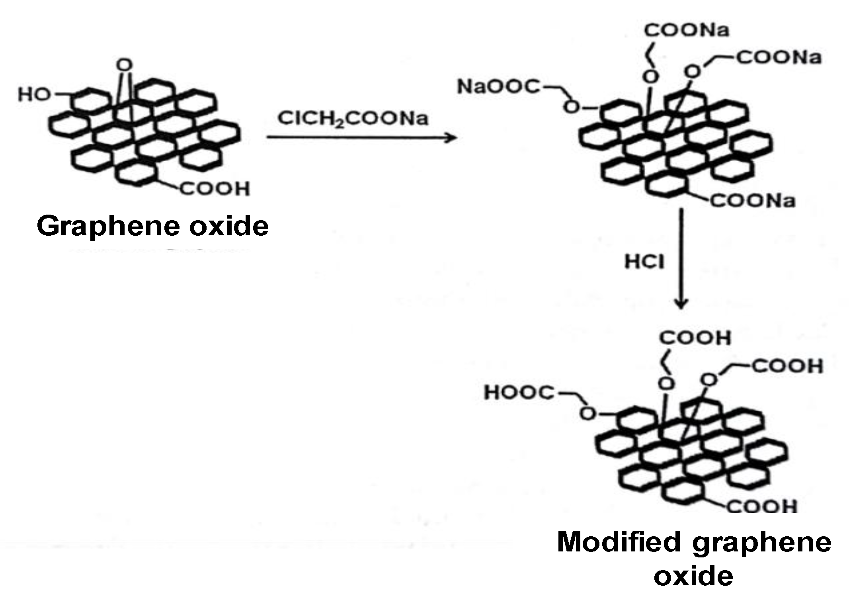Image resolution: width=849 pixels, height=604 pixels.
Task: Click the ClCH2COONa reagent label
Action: click(353, 118)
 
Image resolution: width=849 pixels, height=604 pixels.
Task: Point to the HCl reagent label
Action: click(644, 262)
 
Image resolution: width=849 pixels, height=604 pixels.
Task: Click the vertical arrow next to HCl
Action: click(681, 259)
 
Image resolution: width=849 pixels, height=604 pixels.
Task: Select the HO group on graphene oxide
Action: click(34, 95)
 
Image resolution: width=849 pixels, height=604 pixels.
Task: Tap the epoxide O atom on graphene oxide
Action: click(125, 65)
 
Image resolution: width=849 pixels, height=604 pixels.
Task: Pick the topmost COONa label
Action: click(687, 30)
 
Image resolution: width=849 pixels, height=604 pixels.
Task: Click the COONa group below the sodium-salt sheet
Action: click(753, 201)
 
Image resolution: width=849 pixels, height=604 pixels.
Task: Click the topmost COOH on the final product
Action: click(695, 338)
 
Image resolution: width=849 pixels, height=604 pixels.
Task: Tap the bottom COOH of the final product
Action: click(762, 506)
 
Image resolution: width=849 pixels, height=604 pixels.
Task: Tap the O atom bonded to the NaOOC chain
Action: click(572, 107)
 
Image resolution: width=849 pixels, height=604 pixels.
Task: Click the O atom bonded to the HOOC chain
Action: click(587, 414)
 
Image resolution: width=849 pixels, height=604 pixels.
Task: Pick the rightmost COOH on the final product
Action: click(787, 366)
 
